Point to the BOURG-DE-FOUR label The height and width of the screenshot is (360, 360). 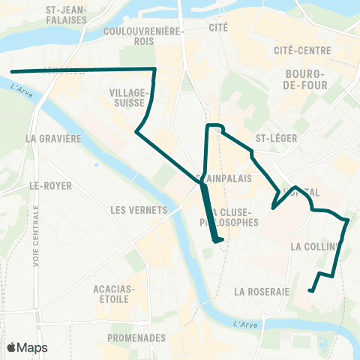coord(304,80)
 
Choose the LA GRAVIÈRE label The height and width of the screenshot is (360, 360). coord(52,139)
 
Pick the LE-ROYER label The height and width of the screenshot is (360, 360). coord(43,184)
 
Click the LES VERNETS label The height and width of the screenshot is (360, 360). coord(137,210)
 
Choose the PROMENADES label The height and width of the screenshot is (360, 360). coord(136,337)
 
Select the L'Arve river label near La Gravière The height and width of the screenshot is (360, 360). coord(24,92)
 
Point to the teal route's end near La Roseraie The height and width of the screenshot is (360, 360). coord(310,290)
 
